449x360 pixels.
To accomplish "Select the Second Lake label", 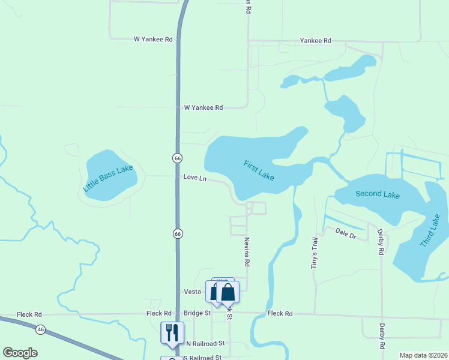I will pyautogui.click(x=377, y=194).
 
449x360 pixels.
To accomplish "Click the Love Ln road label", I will pyautogui.click(x=194, y=178).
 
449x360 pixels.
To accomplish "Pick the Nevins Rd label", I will pyautogui.click(x=246, y=251).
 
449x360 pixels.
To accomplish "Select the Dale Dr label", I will pyautogui.click(x=346, y=233).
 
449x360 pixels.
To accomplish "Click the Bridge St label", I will pyautogui.click(x=197, y=313).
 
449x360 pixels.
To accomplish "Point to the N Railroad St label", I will pyautogui.click(x=205, y=344).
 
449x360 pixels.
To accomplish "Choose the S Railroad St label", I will pyautogui.click(x=202, y=358).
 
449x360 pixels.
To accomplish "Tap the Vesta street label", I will pyautogui.click(x=192, y=292).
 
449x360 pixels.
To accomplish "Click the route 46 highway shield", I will pyautogui.click(x=40, y=329).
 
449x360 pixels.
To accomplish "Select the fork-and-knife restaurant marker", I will pyautogui.click(x=172, y=333).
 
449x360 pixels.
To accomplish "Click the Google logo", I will pyautogui.click(x=20, y=353).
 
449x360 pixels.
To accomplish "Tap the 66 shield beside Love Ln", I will pyautogui.click(x=177, y=158).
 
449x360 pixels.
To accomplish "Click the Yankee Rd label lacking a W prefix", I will pyautogui.click(x=316, y=41).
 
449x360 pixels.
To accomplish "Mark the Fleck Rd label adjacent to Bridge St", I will pyautogui.click(x=159, y=313).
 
